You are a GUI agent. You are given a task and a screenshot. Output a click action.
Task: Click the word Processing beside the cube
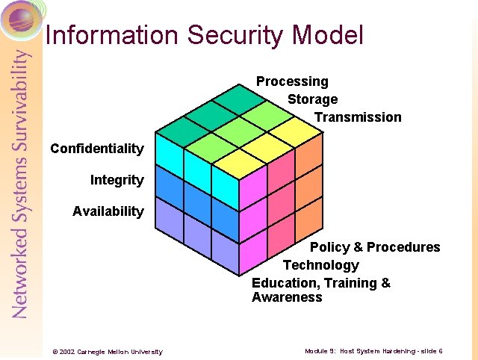pyautogui.click(x=292, y=81)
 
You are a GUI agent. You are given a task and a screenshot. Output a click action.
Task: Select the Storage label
pyautogui.click(x=312, y=99)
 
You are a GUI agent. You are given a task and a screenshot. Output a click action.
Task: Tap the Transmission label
pyautogui.click(x=357, y=117)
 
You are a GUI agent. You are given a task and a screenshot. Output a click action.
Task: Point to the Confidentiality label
pyautogui.click(x=96, y=149)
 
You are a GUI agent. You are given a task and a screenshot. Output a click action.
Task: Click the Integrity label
pyautogui.click(x=117, y=180)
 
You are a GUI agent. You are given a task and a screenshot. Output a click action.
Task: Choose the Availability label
pyautogui.click(x=108, y=211)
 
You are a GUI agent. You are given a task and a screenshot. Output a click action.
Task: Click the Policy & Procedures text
pyautogui.click(x=375, y=247)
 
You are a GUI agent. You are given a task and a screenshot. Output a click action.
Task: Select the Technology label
pyautogui.click(x=320, y=265)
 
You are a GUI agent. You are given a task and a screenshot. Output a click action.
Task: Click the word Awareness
pyautogui.click(x=287, y=297)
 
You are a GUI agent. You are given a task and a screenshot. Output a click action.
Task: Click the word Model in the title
pyautogui.click(x=328, y=35)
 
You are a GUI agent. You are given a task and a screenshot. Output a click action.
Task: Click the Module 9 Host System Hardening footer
pyautogui.click(x=373, y=351)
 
